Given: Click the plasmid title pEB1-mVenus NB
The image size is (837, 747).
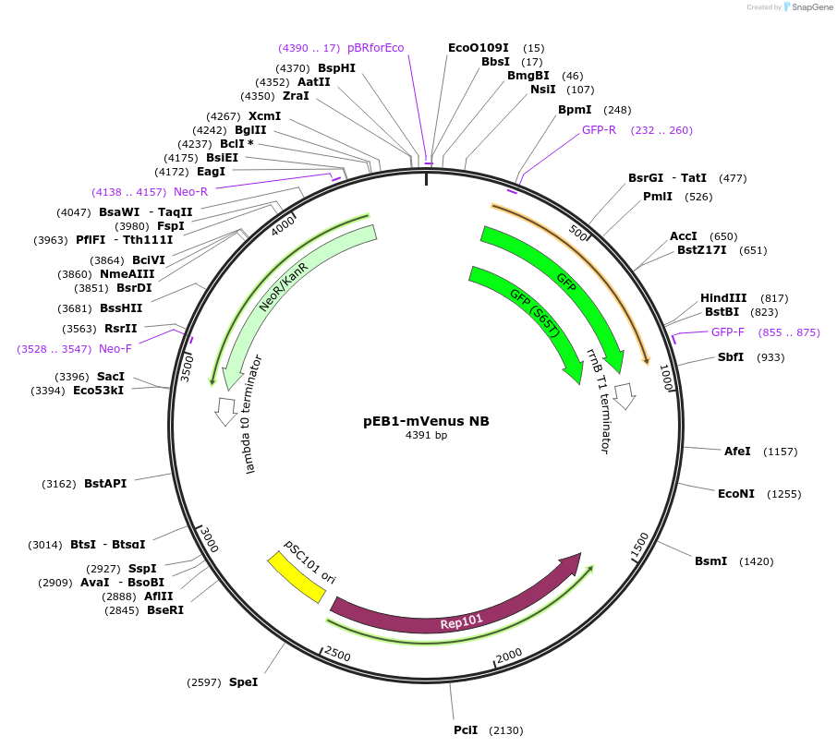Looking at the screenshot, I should [426, 421].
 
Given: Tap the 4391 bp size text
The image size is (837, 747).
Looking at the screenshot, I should [426, 436].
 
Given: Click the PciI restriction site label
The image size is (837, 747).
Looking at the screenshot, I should [466, 730].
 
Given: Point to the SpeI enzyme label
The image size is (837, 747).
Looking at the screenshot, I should [243, 682].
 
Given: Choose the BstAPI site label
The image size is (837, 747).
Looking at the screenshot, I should [105, 483].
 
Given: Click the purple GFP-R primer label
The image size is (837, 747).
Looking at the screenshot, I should [599, 130].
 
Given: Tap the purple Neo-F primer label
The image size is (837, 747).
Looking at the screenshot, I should [115, 349].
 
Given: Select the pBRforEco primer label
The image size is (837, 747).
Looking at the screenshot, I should [375, 48].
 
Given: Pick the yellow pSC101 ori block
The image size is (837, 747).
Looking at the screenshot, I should [297, 577].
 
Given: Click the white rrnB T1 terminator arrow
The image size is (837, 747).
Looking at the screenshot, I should [625, 396].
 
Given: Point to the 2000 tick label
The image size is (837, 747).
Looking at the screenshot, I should [510, 655].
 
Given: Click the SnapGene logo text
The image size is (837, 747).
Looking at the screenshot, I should [810, 7].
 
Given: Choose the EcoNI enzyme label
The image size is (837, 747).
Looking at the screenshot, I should [735, 494].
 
